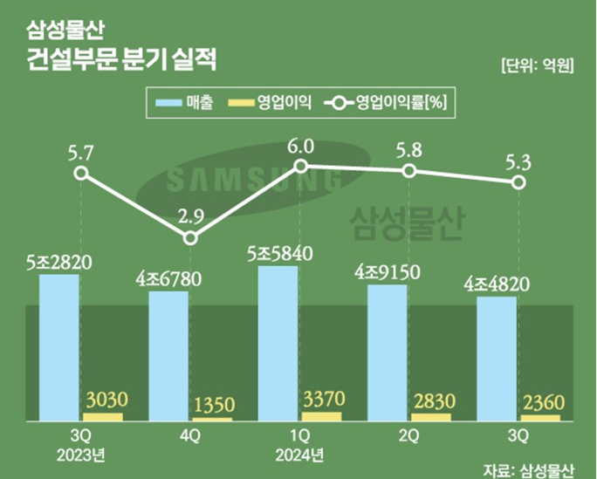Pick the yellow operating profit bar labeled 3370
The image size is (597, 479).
pos(322,416)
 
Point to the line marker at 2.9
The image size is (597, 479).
pos(190,237)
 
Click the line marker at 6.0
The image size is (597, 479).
pos(300,165)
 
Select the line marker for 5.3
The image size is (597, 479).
pos(518,182)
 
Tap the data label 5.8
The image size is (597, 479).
pos(408,149)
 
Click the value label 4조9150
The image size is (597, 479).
pos(388,271)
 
